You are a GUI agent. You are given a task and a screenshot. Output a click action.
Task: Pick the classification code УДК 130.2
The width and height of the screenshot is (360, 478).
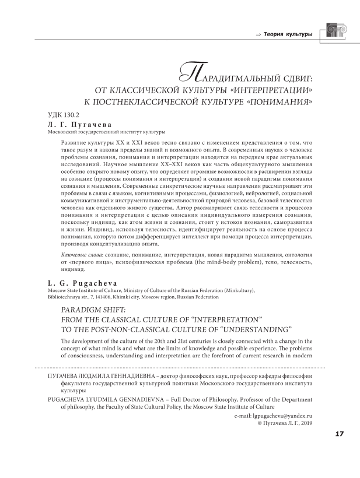point(62,116)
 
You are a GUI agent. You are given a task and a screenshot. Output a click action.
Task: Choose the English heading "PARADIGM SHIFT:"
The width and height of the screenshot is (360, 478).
point(90,310)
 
